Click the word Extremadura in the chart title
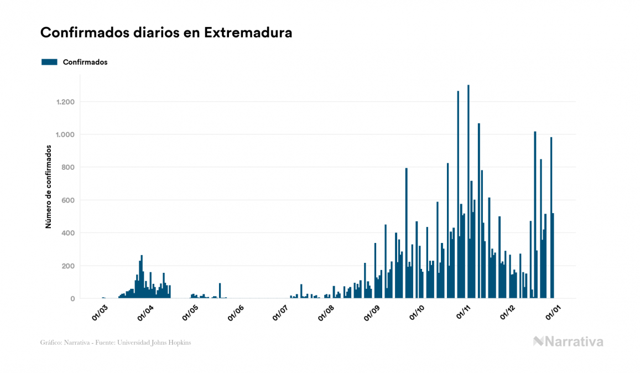click(x=248, y=33)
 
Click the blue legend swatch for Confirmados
click(x=49, y=62)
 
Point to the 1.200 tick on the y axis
click(x=66, y=102)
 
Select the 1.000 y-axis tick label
click(x=66, y=134)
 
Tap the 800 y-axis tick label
click(x=69, y=167)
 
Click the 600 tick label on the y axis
click(x=69, y=200)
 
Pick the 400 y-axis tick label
click(x=69, y=233)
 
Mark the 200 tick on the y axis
click(x=69, y=266)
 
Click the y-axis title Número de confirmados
click(x=48, y=187)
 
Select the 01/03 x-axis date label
click(x=100, y=312)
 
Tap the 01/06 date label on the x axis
click(x=235, y=312)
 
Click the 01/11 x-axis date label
click(x=462, y=312)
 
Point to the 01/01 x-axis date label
click(x=553, y=312)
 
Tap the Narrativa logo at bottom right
click(x=568, y=341)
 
